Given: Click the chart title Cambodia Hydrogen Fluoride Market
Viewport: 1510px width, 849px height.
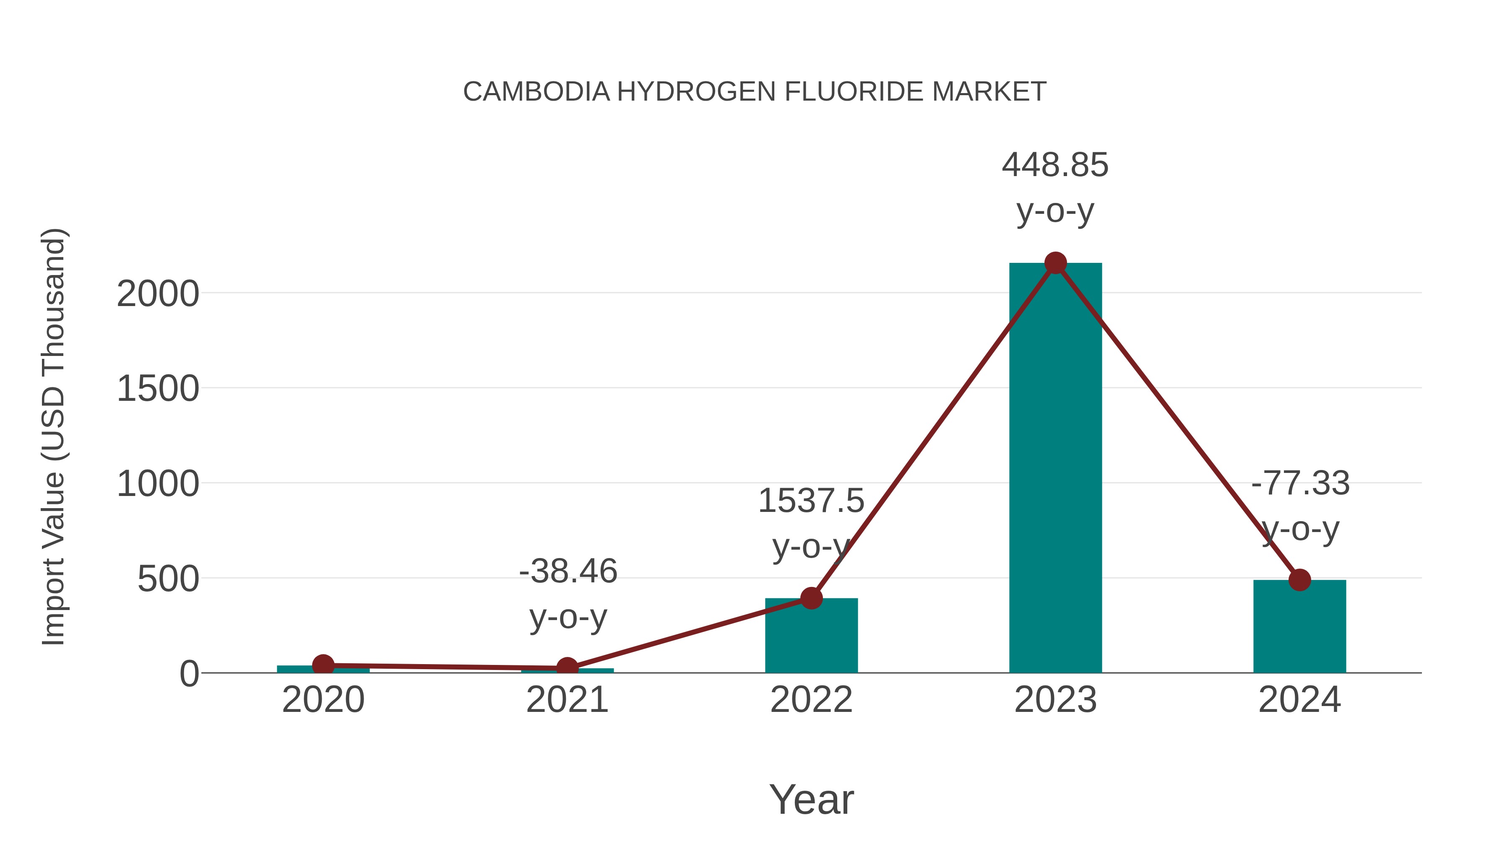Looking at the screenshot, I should point(755,92).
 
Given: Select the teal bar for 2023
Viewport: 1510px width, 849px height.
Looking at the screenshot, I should point(1055,469).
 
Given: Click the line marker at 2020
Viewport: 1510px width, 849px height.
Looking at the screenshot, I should point(323,665).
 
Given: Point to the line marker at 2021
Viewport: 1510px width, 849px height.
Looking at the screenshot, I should point(567,668).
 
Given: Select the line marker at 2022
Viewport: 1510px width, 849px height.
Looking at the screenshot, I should point(811,598).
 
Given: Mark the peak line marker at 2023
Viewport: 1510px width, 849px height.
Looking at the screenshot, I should point(1055,263).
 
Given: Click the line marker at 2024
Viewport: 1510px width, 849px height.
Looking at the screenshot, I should point(1299,580).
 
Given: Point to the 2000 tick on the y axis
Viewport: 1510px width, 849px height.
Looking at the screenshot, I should point(158,294).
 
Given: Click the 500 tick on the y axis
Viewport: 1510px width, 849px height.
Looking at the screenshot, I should point(168,579).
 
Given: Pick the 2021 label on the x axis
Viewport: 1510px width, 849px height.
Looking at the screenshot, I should point(567,700).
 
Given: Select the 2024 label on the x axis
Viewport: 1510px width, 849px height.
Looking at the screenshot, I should point(1299,700).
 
